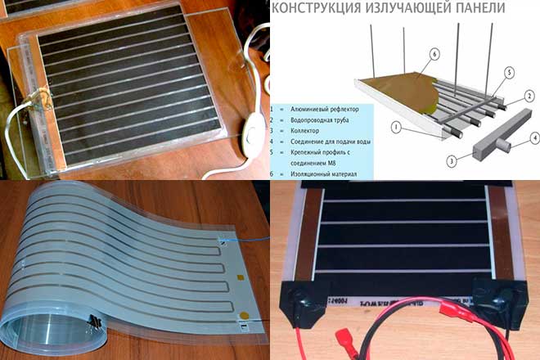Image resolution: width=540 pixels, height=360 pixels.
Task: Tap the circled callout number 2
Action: [529, 95]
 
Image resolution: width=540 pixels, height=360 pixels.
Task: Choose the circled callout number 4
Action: [534, 138]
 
